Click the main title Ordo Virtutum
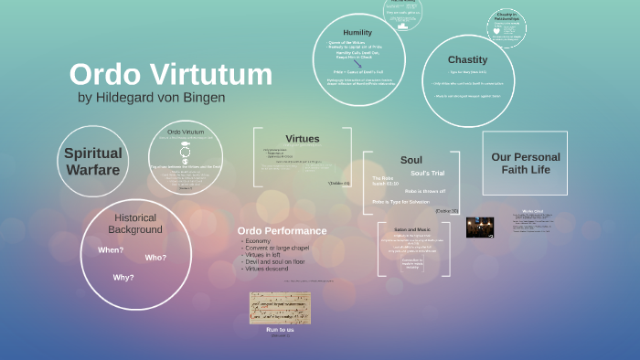pos(170,74)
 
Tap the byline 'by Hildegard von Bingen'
pos(152,97)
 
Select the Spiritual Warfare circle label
pos(92,161)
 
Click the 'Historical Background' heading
pos(137,223)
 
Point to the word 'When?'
pos(111,250)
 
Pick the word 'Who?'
pos(155,258)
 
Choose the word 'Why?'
pos(123,277)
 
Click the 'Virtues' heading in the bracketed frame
pos(303,139)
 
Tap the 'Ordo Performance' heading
pos(282,230)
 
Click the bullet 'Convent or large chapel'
pos(284,249)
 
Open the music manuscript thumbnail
pos(280,308)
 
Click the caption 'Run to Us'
pos(280,329)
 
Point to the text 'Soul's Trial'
pos(428,173)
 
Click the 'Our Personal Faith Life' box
pos(525,163)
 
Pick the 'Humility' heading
pos(357,32)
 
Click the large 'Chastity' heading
pos(467,59)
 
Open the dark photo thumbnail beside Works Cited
pos(480,228)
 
